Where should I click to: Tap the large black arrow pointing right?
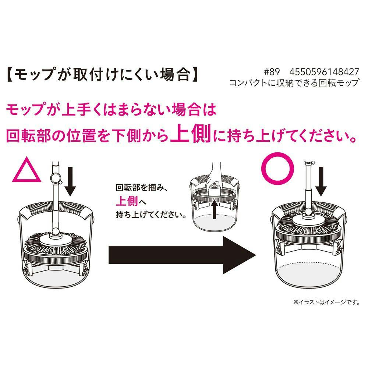click(182, 255)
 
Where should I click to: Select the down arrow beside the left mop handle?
click(70, 181)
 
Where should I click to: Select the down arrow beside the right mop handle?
click(321, 181)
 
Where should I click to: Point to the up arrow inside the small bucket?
click(214, 208)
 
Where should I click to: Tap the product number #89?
click(272, 72)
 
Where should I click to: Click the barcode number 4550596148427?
click(324, 72)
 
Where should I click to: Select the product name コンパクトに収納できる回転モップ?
click(294, 82)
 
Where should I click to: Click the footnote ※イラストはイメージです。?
click(326, 302)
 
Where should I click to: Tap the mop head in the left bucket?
click(56, 244)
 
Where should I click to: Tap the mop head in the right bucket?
click(308, 223)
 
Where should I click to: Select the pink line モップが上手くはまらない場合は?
click(111, 110)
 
